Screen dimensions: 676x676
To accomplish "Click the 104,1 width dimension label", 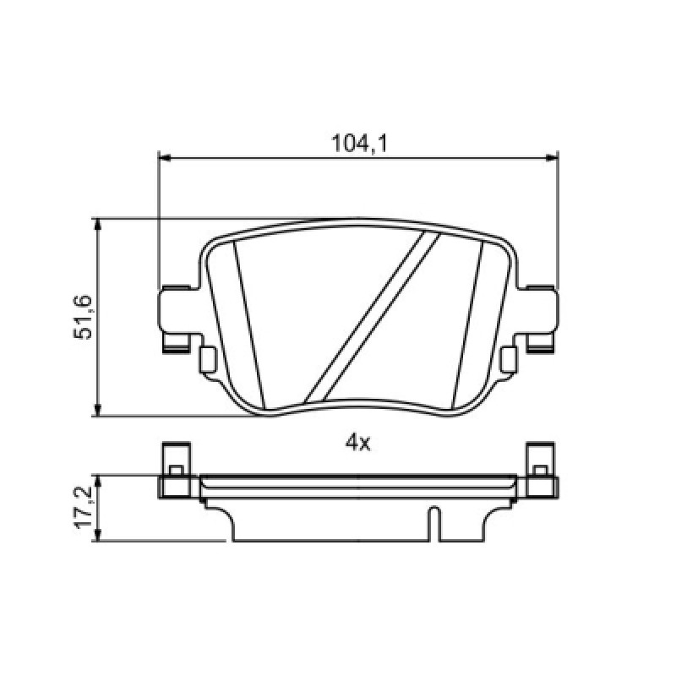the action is pos(358,144).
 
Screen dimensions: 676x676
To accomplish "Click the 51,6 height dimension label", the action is pos(83,318).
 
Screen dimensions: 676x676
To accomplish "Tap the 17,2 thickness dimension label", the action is pos(83,508).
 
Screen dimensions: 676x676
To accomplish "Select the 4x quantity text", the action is pos(357,443).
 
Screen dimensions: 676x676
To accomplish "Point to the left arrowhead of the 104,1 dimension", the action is pos(165,158).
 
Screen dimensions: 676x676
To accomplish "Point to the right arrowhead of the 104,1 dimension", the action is pos(552,158).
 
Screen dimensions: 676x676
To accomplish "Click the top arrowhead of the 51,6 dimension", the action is pos(99,225).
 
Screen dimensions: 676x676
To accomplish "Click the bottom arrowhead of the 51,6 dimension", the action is pos(99,410).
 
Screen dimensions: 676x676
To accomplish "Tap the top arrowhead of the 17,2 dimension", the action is pos(99,482).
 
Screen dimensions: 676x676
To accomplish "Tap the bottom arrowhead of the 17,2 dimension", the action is pos(99,535).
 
